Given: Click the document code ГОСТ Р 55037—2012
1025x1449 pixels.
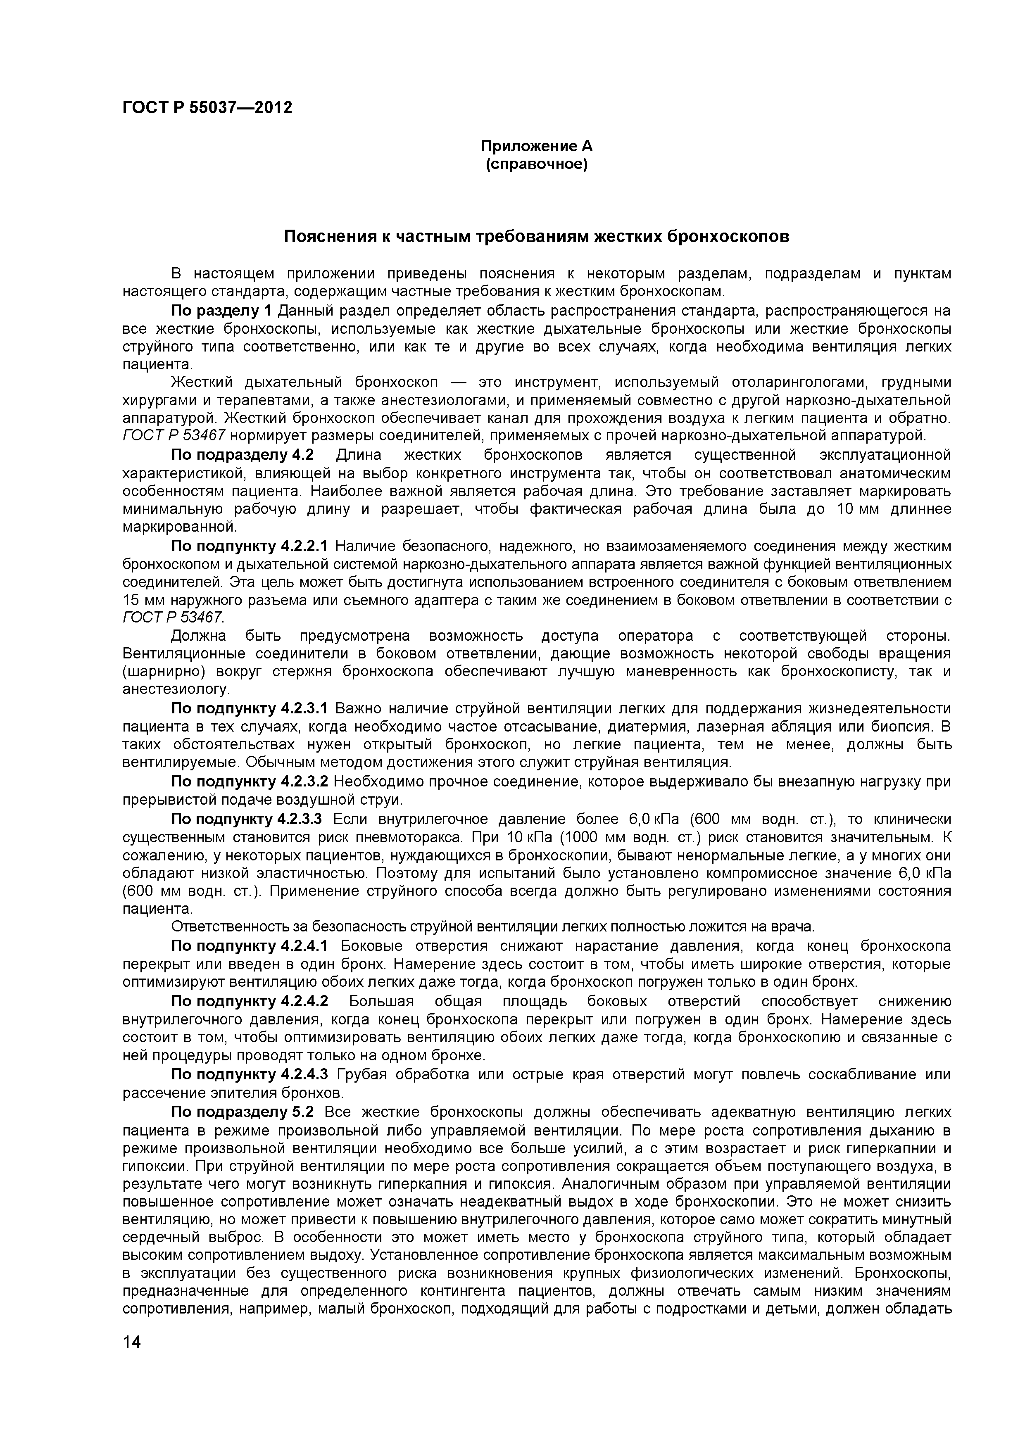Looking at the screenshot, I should pyautogui.click(x=207, y=108).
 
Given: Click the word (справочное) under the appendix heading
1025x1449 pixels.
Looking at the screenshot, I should pyautogui.click(x=537, y=165).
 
